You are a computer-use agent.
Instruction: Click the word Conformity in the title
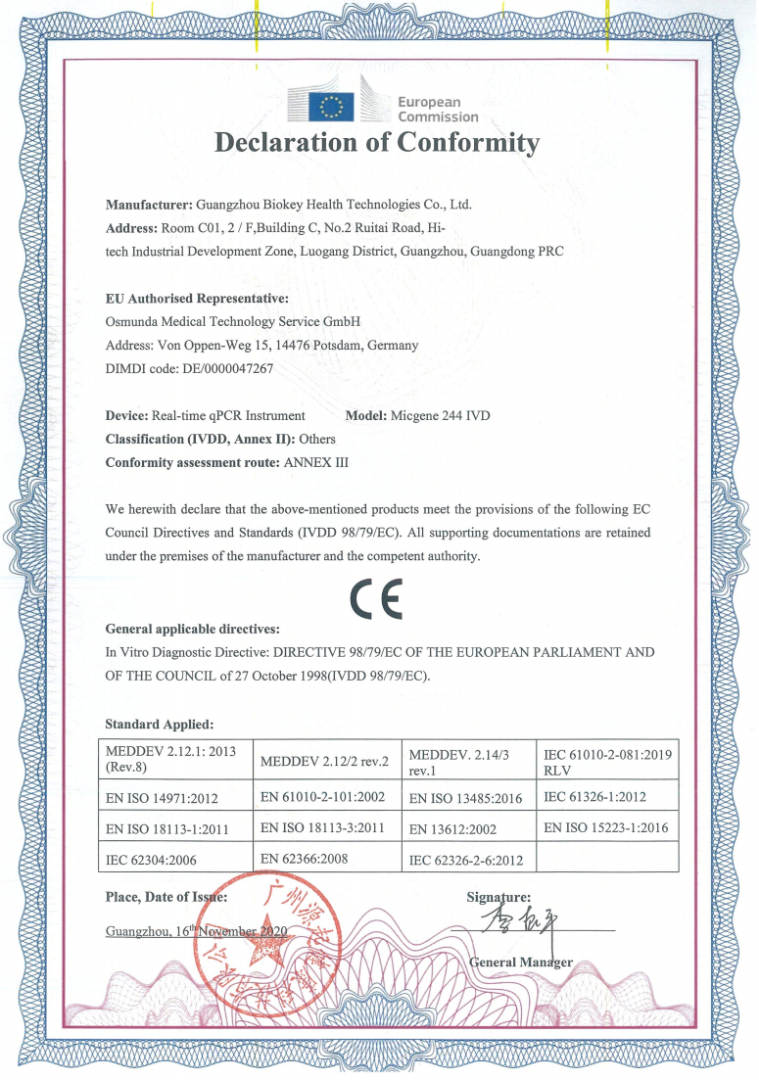coord(468,143)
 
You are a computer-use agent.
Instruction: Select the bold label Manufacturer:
coord(149,206)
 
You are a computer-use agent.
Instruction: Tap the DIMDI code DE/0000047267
coord(227,369)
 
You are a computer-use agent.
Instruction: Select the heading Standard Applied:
coord(159,724)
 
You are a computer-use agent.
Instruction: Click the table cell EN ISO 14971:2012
coord(166,798)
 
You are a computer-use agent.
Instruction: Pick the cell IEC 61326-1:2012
coord(595,797)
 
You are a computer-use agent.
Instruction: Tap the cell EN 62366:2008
coord(306,858)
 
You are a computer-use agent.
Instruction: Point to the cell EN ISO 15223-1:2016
coord(605,827)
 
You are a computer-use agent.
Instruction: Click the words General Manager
coord(521,962)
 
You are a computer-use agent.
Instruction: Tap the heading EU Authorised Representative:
coord(197,298)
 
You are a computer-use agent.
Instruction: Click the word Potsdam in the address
coord(335,345)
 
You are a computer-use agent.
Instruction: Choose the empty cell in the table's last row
coord(607,858)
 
